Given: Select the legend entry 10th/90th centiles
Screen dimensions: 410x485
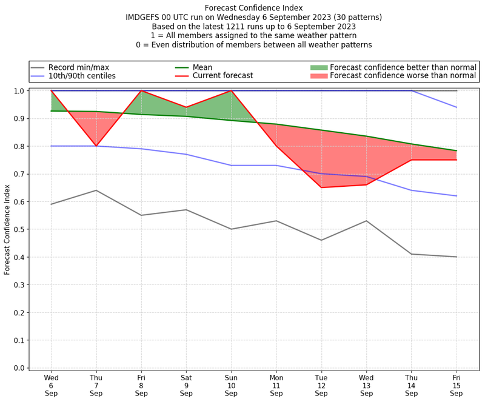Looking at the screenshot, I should point(82,76).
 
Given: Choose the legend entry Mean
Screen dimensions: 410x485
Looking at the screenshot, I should point(202,67).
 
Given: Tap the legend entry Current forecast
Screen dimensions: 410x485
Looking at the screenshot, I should point(222,76).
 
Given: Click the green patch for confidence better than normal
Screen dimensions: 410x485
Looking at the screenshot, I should point(318,67).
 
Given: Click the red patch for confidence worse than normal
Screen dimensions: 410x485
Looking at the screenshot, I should point(318,76).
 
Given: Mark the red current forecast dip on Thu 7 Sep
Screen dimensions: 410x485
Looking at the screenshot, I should point(96,146).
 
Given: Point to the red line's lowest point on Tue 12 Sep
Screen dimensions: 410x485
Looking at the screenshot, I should point(321,187).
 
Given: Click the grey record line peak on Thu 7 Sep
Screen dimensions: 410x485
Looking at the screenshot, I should point(96,190).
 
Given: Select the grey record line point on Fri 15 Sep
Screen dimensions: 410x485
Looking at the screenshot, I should point(457,257).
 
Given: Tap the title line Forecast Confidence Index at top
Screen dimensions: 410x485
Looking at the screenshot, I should point(254,8).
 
